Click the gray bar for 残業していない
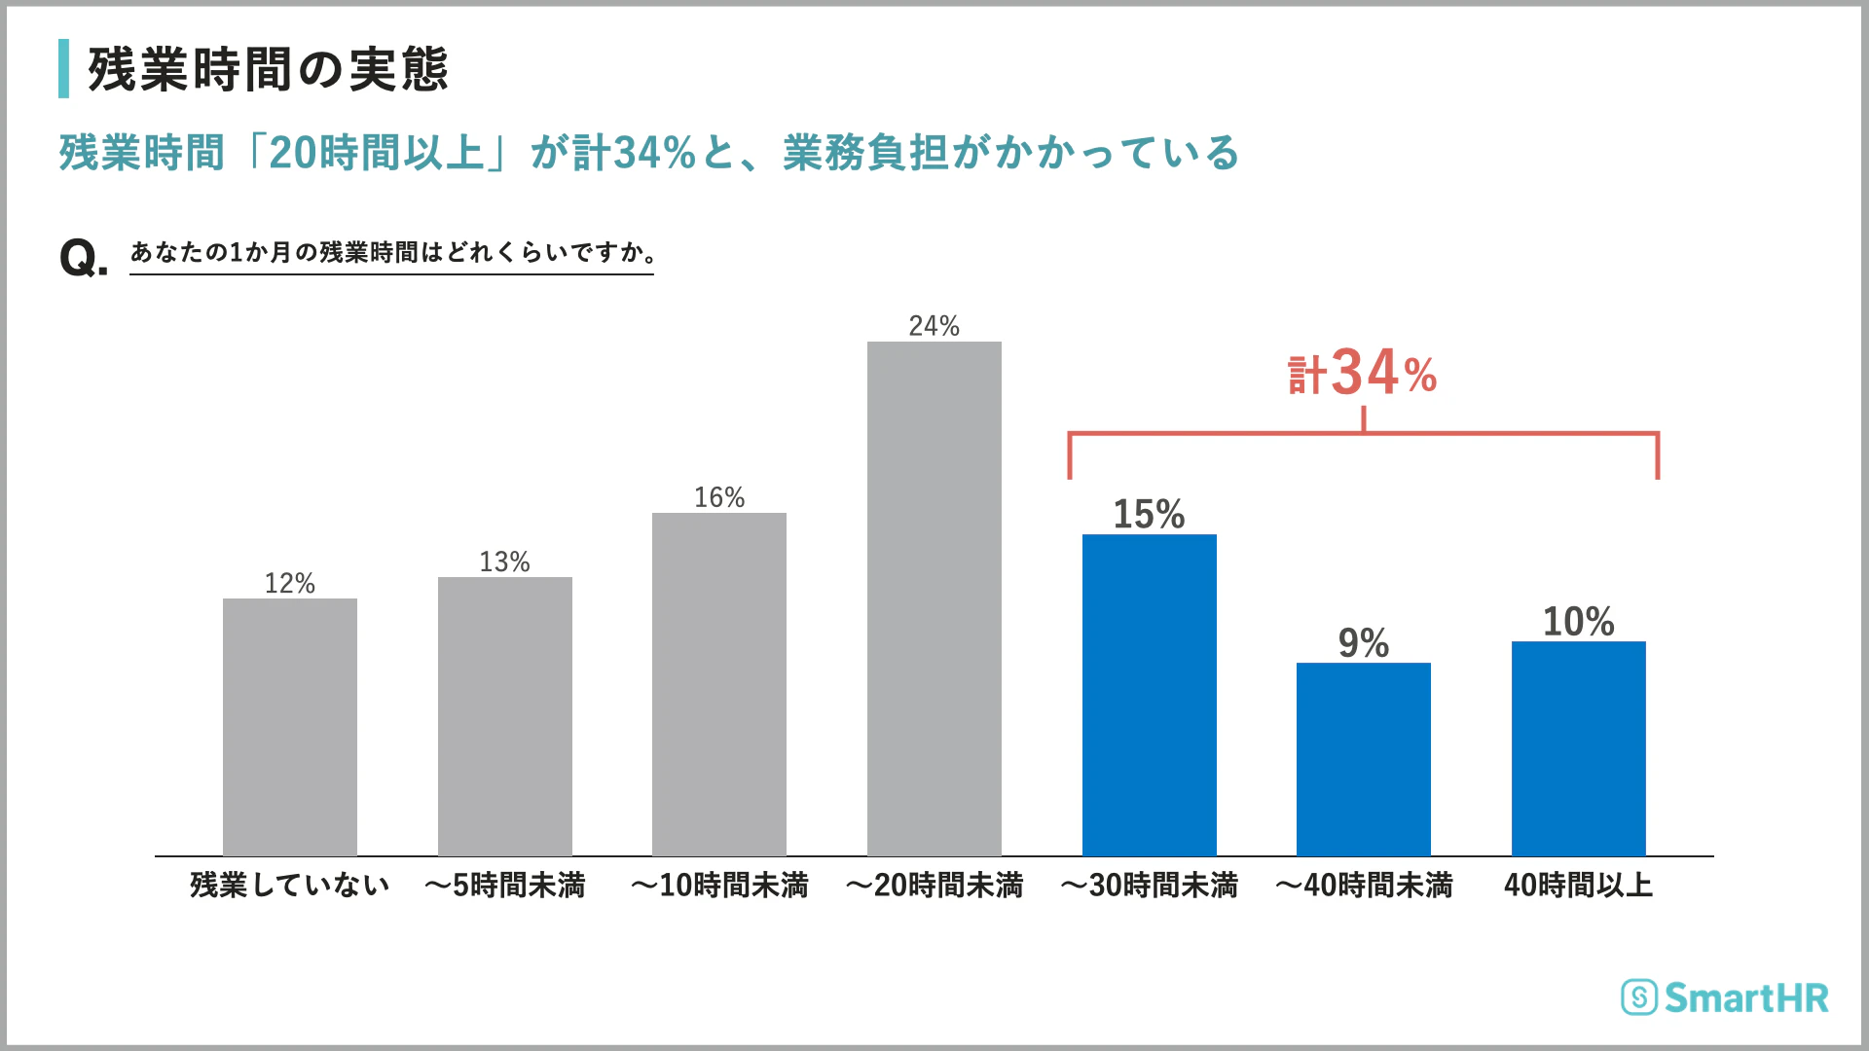[290, 727]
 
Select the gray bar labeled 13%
[505, 716]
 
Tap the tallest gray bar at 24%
[934, 598]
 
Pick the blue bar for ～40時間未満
[1364, 759]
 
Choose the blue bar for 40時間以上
[1579, 748]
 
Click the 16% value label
[719, 497]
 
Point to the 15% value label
[1149, 514]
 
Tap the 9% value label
[1363, 642]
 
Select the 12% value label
[290, 583]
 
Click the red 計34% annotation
[1363, 374]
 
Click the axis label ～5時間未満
[505, 885]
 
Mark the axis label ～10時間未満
[719, 885]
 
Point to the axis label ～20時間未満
[934, 885]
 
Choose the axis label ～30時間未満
[1149, 885]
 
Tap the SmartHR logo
[1725, 997]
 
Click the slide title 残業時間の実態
[268, 69]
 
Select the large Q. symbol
[83, 259]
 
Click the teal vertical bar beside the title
[64, 68]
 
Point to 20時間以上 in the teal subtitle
[376, 153]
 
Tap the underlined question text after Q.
[392, 252]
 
